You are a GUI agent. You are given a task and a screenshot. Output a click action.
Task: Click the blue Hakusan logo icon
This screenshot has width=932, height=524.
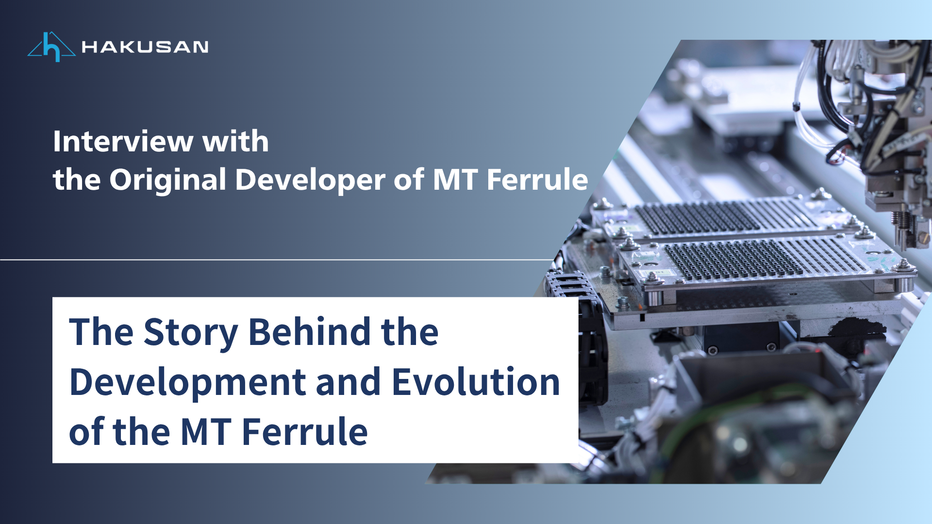click(51, 47)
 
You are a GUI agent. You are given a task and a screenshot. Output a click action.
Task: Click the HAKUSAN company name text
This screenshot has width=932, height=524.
click(145, 47)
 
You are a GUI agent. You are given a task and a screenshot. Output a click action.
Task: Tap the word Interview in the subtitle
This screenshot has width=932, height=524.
click(123, 142)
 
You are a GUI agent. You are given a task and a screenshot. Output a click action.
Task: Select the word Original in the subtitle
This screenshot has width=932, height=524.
click(168, 180)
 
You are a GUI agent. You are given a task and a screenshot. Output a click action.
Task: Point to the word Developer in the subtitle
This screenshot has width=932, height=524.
click(310, 180)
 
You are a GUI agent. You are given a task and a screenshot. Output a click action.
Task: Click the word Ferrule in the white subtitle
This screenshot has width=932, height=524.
click(537, 180)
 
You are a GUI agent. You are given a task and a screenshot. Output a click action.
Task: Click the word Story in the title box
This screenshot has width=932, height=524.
click(190, 333)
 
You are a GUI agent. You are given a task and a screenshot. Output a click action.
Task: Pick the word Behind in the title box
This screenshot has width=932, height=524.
click(309, 333)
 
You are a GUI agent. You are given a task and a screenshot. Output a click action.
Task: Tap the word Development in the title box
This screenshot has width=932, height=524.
click(187, 382)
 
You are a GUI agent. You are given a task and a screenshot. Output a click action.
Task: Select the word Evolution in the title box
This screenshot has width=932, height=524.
click(476, 382)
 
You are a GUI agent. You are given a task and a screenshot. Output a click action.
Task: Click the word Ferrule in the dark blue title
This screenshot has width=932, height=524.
click(305, 432)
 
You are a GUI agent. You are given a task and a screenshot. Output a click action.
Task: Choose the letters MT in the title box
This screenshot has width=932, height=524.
click(206, 432)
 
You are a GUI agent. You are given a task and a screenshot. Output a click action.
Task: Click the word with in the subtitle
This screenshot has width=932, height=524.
click(235, 142)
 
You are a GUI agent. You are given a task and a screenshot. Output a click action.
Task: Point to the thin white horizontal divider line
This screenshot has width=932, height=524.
click(277, 260)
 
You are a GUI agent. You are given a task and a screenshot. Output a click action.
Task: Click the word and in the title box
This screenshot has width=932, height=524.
click(348, 382)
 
